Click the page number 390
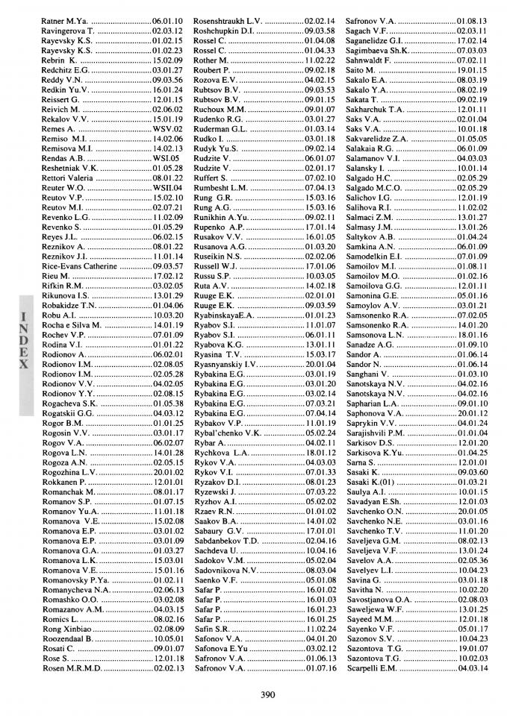(268, 695)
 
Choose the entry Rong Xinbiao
(67, 629)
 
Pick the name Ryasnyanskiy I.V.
(225, 365)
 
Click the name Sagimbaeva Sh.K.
(382, 49)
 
